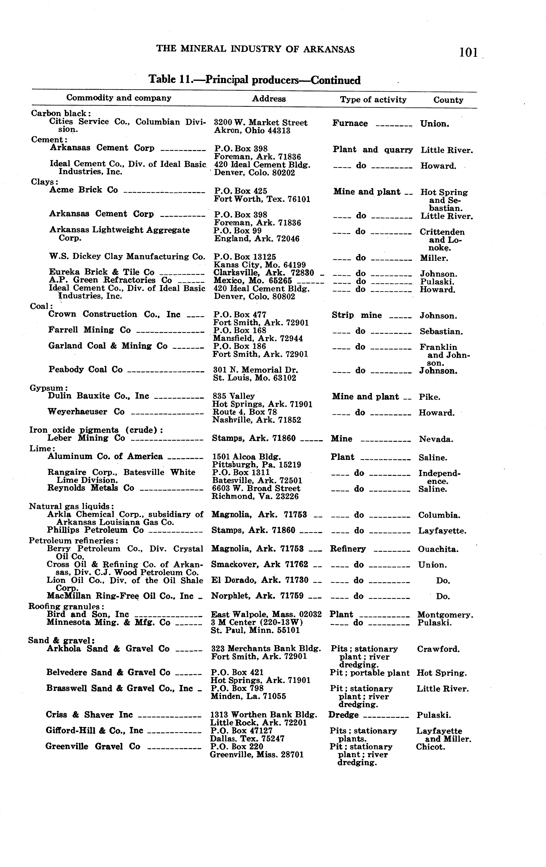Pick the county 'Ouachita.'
[x=438, y=550]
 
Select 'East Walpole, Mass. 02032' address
[x=266, y=614]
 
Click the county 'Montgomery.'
[x=445, y=615]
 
